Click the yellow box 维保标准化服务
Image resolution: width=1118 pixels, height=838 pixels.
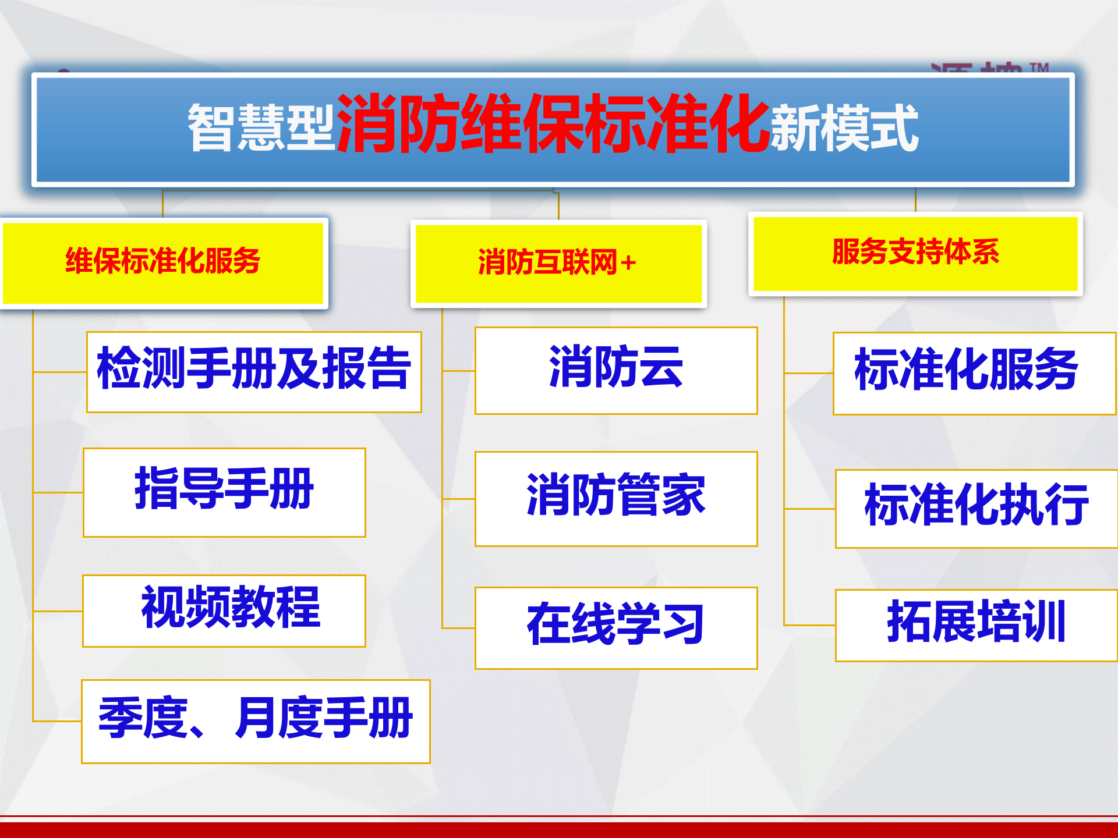[x=163, y=262]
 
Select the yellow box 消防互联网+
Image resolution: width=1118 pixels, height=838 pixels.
[x=558, y=263]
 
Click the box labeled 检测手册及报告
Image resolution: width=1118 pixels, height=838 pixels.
[x=254, y=371]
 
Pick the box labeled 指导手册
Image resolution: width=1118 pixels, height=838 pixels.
[x=224, y=492]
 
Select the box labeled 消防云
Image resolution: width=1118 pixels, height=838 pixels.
[x=615, y=370]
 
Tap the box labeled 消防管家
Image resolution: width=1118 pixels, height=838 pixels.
[x=615, y=498]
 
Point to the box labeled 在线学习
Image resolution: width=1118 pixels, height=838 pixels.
[x=615, y=627]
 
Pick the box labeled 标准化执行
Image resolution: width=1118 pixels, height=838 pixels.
[x=975, y=508]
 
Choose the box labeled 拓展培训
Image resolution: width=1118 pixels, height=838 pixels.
[x=975, y=624]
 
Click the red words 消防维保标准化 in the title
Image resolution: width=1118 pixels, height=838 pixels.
[x=553, y=125]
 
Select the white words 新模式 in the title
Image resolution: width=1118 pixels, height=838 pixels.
[x=844, y=128]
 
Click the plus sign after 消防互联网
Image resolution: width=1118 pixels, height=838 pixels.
[x=628, y=264]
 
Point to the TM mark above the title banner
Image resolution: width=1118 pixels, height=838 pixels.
[x=1039, y=68]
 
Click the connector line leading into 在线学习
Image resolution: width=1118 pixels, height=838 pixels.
[x=458, y=627]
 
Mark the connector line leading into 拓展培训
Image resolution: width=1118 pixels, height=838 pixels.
[x=809, y=625]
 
